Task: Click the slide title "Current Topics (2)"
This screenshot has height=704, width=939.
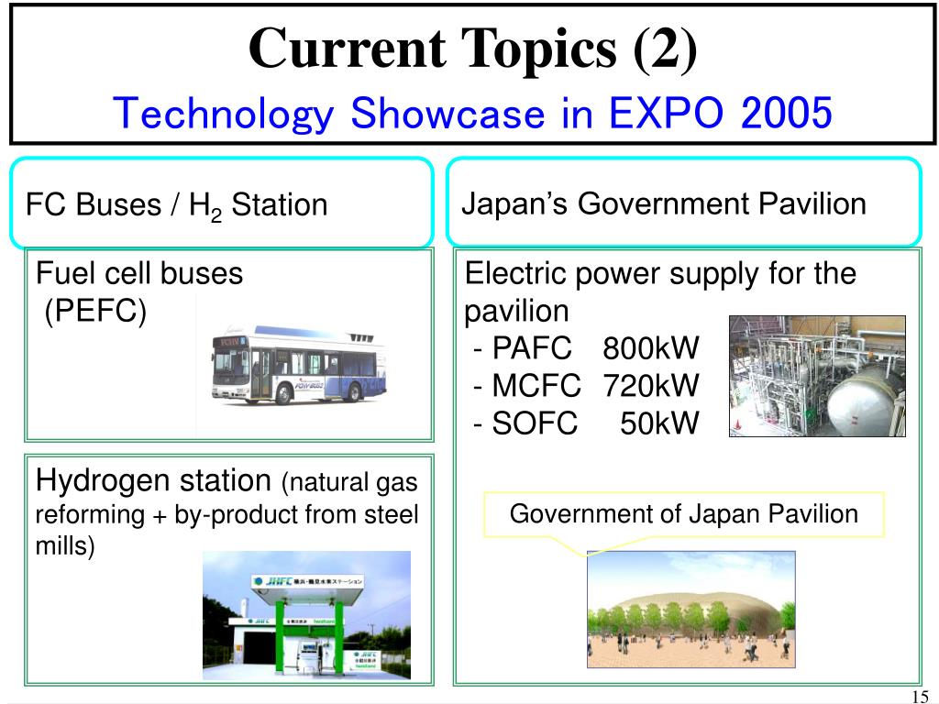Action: pos(472,48)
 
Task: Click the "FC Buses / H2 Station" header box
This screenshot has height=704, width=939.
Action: pos(220,203)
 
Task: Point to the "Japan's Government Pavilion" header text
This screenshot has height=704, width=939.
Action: pos(663,203)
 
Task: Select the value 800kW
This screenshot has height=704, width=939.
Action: pos(650,348)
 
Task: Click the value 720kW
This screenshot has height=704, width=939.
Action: pos(650,386)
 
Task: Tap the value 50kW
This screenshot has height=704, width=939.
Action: pos(659,423)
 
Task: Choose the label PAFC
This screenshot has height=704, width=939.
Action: pos(532,348)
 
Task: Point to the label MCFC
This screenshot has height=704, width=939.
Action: pos(536,386)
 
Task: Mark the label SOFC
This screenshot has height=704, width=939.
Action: pos(535,423)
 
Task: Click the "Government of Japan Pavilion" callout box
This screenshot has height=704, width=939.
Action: pos(683,514)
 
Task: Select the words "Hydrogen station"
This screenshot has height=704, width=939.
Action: pos(154,479)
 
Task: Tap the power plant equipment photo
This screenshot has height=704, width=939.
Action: pos(816,376)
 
